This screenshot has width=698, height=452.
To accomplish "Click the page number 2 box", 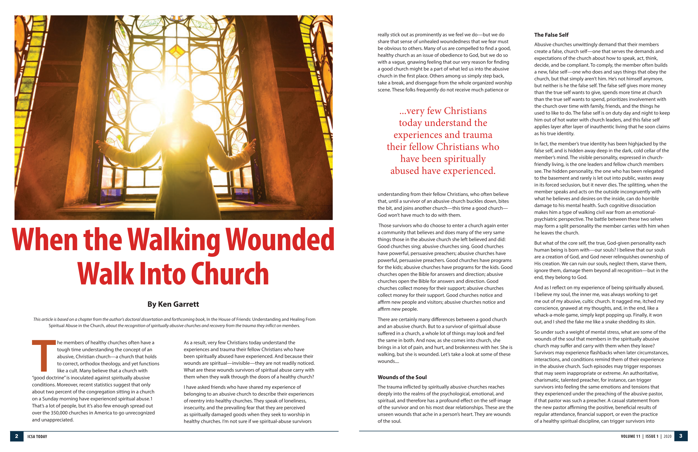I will [x=16, y=436].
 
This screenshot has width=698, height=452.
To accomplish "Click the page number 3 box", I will [x=681, y=436].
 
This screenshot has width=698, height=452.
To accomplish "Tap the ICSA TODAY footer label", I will [x=37, y=436].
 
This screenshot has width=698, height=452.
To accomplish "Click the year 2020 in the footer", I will [x=668, y=436].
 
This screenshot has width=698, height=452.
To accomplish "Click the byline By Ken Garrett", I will [x=173, y=304].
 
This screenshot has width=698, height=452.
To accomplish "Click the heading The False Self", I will [x=551, y=35].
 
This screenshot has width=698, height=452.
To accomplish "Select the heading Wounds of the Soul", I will [x=402, y=377].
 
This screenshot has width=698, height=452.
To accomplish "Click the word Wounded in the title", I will [x=280, y=240].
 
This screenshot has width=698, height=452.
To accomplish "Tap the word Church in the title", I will [x=230, y=274].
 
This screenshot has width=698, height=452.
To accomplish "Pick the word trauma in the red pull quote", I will [x=478, y=135].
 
